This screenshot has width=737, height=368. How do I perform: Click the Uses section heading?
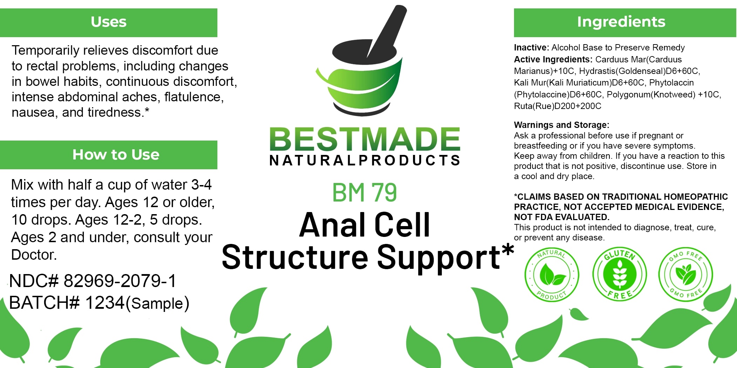click(109, 22)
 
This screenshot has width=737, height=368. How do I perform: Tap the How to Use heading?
click(116, 155)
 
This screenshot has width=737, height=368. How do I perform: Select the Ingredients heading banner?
click(621, 22)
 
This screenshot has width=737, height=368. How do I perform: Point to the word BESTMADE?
click(365, 139)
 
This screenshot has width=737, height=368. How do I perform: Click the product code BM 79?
click(364, 192)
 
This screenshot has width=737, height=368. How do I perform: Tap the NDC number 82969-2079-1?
click(119, 281)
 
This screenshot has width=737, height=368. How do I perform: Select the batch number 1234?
click(105, 302)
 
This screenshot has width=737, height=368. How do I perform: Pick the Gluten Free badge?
click(620, 274)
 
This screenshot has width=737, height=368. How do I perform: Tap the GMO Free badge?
click(685, 274)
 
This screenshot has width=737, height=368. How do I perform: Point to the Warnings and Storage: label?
click(561, 125)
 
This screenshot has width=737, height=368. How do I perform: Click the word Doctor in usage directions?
click(34, 255)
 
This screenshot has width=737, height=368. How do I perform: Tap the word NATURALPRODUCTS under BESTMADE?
click(365, 161)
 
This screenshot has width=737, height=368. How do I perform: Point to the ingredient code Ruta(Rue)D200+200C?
click(557, 106)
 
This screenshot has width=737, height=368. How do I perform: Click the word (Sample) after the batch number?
click(157, 304)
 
